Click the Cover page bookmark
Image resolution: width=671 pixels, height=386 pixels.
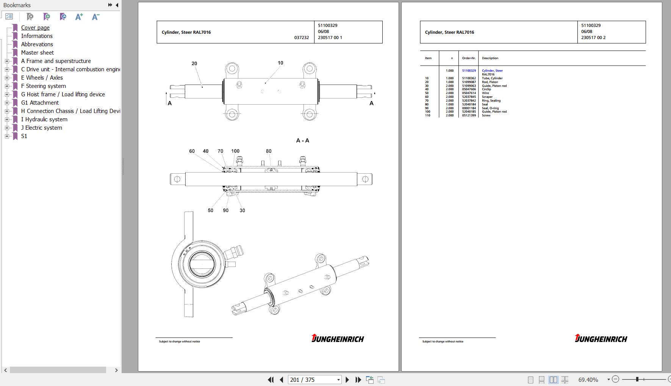(x=35, y=28)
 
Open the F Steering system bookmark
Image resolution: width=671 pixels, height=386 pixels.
(x=44, y=86)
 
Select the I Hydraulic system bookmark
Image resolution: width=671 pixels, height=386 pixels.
(x=44, y=119)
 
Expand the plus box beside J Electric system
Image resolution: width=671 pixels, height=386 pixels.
(x=7, y=128)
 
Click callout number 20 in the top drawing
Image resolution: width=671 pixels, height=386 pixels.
(x=194, y=64)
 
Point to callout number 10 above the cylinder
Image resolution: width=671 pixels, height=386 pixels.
(x=280, y=63)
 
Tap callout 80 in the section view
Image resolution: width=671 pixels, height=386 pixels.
(x=269, y=151)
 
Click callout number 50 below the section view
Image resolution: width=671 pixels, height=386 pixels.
(x=211, y=210)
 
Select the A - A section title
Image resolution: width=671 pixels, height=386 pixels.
(x=303, y=141)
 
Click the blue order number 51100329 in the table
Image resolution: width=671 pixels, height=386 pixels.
(x=469, y=71)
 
